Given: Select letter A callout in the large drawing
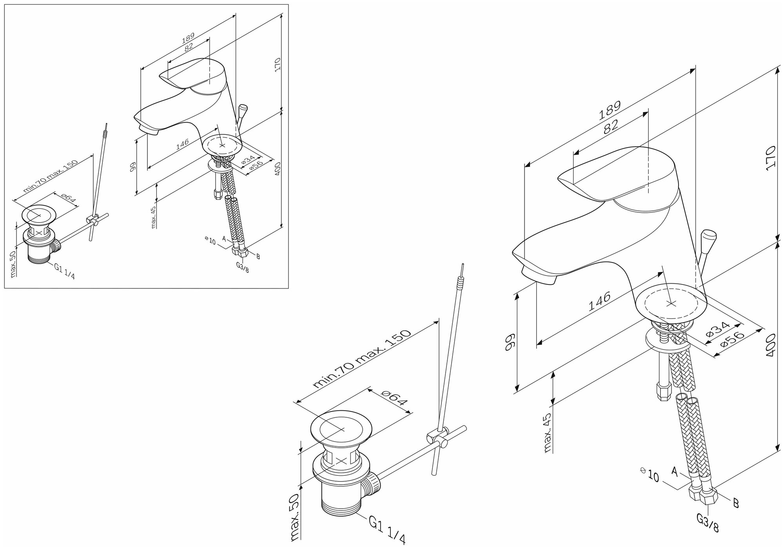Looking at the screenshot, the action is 675,471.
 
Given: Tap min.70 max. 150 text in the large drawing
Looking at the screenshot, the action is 363,358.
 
